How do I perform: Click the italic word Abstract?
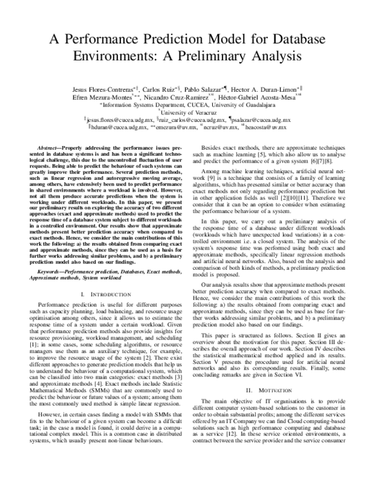[x=49, y=150]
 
